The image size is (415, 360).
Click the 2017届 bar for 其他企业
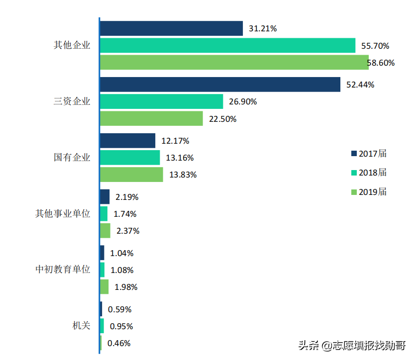click(171, 28)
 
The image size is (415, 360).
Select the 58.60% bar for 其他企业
click(234, 62)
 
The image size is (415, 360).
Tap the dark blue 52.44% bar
click(220, 85)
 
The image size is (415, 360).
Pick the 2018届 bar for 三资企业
click(161, 101)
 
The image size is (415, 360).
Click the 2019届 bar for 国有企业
click(131, 175)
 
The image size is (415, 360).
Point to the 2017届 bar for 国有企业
click(127, 141)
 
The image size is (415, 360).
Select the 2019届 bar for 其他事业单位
click(105, 231)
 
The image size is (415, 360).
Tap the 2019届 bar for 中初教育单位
click(104, 287)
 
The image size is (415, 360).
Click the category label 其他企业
click(72, 45)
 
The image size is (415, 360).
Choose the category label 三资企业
click(72, 101)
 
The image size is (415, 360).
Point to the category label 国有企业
click(72, 158)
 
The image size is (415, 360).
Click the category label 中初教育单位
click(63, 270)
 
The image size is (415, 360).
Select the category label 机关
click(81, 326)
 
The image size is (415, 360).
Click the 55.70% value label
click(375, 46)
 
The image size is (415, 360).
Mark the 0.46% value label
click(119, 343)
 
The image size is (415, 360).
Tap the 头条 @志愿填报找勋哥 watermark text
click(352, 345)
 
